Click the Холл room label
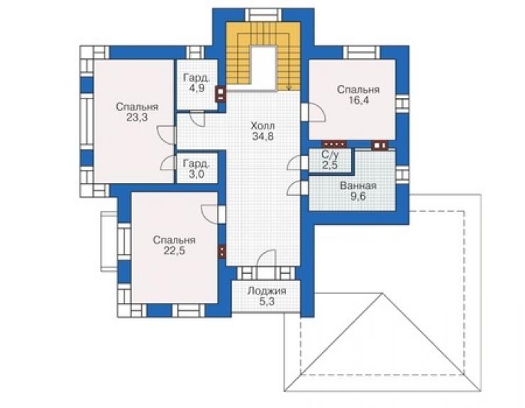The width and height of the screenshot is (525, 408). tap(262, 126)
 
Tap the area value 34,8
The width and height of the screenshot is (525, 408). tap(262, 136)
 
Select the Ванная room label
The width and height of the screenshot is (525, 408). tap(358, 186)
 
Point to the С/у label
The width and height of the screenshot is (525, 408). tap(330, 155)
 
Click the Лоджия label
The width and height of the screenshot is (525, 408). tap(267, 291)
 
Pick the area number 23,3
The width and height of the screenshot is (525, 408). tap(137, 118)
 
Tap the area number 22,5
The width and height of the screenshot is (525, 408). tap(174, 250)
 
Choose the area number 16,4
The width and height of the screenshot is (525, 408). tap(358, 100)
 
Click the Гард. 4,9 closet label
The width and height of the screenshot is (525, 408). tap(197, 83)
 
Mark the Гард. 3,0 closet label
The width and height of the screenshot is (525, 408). tap(197, 169)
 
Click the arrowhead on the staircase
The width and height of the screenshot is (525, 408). tap(289, 88)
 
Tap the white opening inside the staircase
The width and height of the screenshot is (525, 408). tap(263, 68)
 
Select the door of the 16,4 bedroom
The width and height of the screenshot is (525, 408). tap(313, 112)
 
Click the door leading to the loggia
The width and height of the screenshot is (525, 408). tap(267, 258)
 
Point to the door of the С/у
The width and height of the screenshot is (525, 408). tap(298, 162)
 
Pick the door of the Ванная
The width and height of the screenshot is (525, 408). tap(298, 188)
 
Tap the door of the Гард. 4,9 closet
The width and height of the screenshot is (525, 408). tap(197, 118)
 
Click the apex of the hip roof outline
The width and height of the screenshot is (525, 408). tap(382, 294)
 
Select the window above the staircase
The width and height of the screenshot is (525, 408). tap(262, 16)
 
